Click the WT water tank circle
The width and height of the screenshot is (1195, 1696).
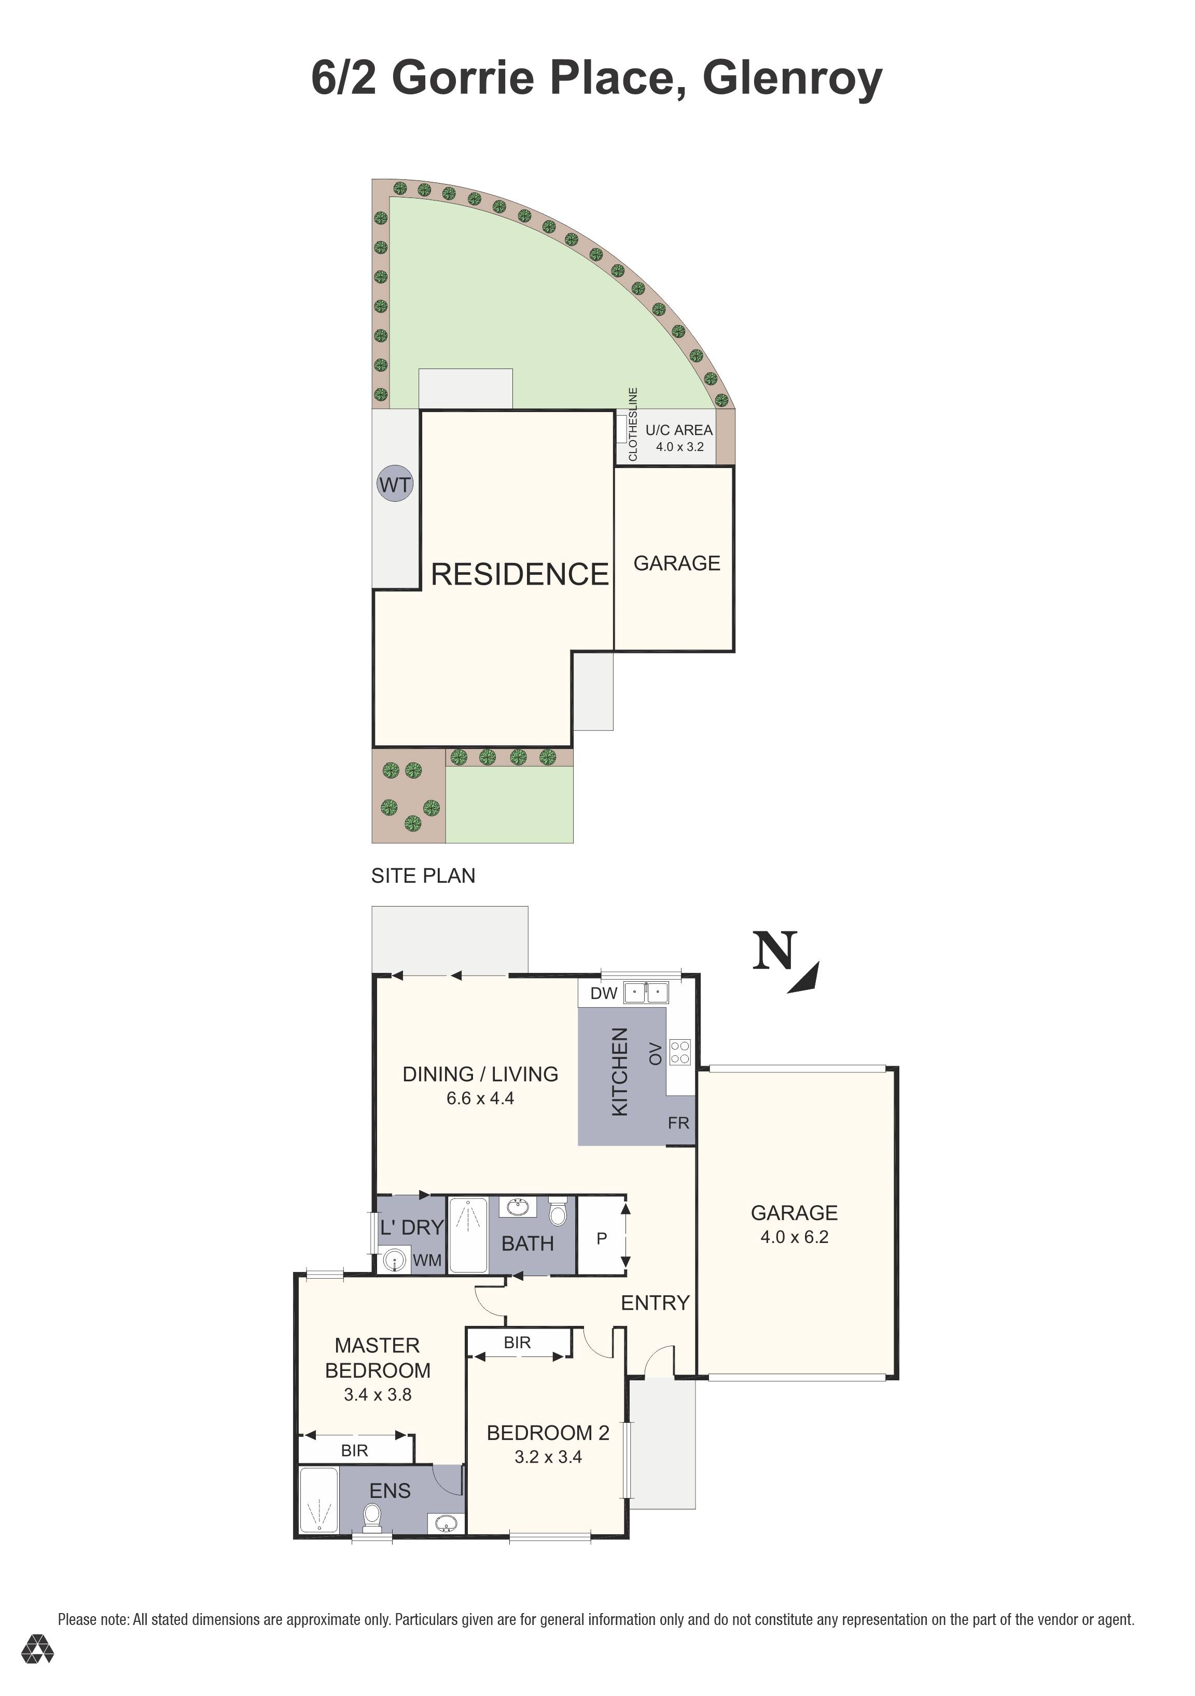coord(395,485)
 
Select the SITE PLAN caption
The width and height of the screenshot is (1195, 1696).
coord(423,875)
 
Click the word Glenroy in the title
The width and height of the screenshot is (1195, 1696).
coord(791,78)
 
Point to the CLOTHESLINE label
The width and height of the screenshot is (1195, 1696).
coord(633,424)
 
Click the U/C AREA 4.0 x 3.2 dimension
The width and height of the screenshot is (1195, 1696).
coord(679,447)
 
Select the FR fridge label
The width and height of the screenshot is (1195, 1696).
coord(678,1123)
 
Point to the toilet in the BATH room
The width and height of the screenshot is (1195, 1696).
coord(558,1211)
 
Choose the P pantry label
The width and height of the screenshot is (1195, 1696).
coord(602,1238)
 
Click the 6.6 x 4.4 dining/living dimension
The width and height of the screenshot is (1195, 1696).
coord(480,1098)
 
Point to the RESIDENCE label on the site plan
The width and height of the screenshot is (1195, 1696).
coord(520,574)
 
